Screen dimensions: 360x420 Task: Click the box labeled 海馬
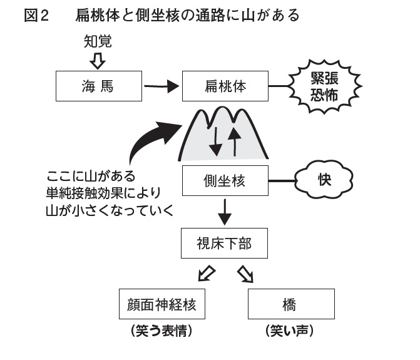pyautogui.click(x=99, y=86)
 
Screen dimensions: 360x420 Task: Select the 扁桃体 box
pyautogui.click(x=225, y=86)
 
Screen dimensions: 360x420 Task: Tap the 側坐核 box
pyautogui.click(x=225, y=182)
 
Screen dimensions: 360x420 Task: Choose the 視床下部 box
pyautogui.click(x=225, y=243)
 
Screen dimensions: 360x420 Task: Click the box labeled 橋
pyautogui.click(x=290, y=305)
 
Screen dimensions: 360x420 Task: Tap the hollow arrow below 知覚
pyautogui.click(x=98, y=61)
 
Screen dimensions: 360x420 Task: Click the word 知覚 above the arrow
pyautogui.click(x=98, y=42)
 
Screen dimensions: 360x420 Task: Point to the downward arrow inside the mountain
pyautogui.click(x=215, y=141)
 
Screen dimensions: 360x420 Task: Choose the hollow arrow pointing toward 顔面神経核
pyautogui.click(x=207, y=274)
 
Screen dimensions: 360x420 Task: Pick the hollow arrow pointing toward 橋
pyautogui.click(x=245, y=274)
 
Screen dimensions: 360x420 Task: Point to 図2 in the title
pyautogui.click(x=36, y=16)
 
